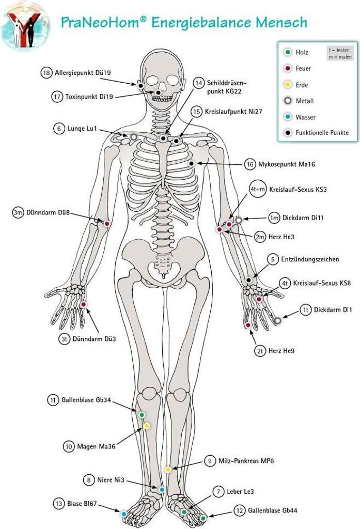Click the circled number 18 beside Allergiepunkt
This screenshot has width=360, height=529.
click(x=46, y=72)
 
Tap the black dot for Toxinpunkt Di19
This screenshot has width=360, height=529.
click(x=158, y=92)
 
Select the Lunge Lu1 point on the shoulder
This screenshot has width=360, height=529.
click(x=134, y=137)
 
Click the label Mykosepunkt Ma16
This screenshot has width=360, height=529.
click(x=287, y=164)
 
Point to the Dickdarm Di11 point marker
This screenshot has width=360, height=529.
click(x=239, y=220)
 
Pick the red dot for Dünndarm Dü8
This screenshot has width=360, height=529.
click(x=107, y=224)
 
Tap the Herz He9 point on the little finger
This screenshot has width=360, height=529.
click(x=248, y=325)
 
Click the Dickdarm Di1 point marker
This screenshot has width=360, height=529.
click(x=277, y=320)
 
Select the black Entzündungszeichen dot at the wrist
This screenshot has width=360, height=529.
click(x=248, y=280)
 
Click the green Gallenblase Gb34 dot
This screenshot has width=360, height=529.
click(x=142, y=415)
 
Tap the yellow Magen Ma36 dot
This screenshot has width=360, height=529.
click(x=147, y=426)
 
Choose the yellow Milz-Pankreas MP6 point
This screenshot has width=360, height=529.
click(x=168, y=469)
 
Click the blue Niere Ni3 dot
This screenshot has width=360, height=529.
click(x=162, y=490)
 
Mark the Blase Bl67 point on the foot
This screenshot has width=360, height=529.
click(x=124, y=514)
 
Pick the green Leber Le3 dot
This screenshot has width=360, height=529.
click(x=184, y=512)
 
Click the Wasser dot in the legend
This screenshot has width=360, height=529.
click(x=288, y=117)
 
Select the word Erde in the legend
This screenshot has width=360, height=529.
click(x=302, y=85)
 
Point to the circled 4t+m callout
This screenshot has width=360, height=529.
click(x=257, y=189)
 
